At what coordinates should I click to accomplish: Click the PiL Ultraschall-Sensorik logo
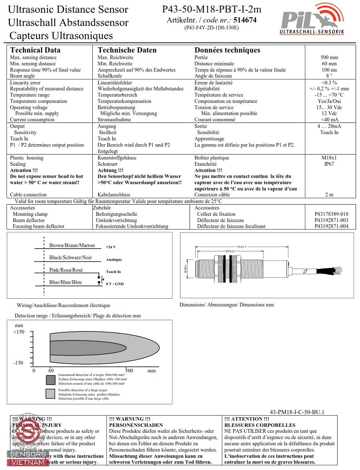point(312,20)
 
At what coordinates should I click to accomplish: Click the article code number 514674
point(245,20)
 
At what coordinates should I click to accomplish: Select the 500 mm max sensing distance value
point(329,57)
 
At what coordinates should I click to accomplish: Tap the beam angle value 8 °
point(329,76)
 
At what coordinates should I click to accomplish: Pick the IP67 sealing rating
point(329,164)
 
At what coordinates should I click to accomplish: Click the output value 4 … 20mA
point(329,126)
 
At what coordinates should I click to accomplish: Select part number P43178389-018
point(331,214)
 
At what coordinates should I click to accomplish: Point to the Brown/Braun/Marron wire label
point(72,245)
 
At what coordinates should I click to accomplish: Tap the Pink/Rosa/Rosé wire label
point(66,270)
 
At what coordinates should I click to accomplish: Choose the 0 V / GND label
point(115,284)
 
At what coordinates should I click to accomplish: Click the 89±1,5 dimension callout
point(241,247)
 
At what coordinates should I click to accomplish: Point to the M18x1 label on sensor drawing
point(186,269)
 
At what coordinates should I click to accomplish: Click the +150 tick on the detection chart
point(19,332)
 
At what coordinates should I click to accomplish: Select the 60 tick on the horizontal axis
point(51,371)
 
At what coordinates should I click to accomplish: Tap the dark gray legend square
point(50,380)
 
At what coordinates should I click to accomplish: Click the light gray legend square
point(50,394)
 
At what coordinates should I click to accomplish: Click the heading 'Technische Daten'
point(127,50)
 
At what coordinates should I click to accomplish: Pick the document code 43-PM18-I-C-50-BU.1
point(297,412)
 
